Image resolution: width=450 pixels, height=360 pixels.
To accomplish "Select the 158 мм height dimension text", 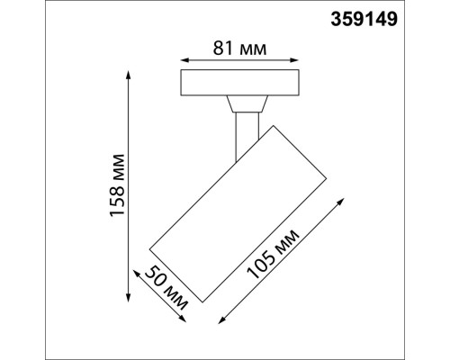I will coord(115,193).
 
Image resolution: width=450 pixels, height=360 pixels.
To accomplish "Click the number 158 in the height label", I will coord(115,206).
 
